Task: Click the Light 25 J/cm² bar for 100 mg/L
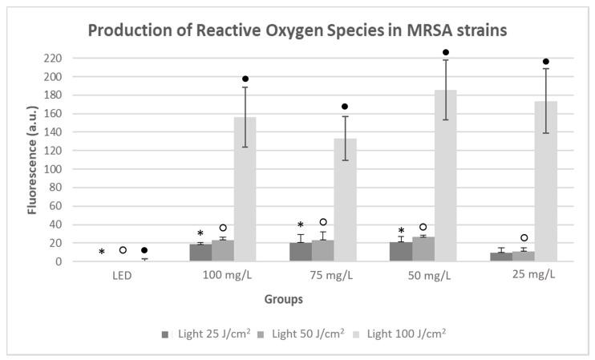coord(200,253)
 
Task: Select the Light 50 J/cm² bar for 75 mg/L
coord(322,251)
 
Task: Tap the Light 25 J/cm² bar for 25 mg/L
coord(501,257)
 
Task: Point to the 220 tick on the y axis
coord(53,59)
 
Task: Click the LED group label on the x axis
coord(121,275)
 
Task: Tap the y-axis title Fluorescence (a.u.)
coord(34,160)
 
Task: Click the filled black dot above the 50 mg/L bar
coord(445,53)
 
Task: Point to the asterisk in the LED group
coord(101,253)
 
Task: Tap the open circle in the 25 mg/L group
coord(523,238)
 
